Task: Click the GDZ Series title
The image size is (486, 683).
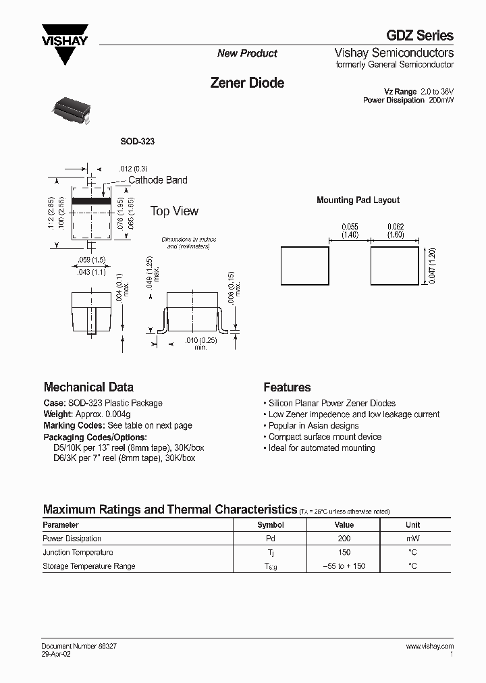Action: pos(420,36)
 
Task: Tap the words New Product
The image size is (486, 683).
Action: pos(247,53)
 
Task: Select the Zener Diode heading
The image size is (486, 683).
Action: pos(247,83)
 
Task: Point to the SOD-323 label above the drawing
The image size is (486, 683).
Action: pos(138,141)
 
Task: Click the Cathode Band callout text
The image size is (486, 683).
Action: pos(158,180)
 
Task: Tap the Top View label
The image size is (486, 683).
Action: pos(174,211)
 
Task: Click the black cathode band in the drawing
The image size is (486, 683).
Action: pos(91,201)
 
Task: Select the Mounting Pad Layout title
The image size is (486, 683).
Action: pos(358,200)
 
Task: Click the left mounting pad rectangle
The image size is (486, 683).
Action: pos(304,267)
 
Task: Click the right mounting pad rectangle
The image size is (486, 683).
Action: pos(394,267)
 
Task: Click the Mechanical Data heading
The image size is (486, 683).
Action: pos(88,387)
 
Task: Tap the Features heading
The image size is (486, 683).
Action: pos(287,387)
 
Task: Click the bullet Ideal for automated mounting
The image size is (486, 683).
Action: pos(321,448)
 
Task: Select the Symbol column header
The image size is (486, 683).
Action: pos(270,525)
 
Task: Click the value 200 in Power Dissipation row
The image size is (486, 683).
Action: pos(344,539)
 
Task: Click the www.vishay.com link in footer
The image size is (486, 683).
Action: pos(430,647)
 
